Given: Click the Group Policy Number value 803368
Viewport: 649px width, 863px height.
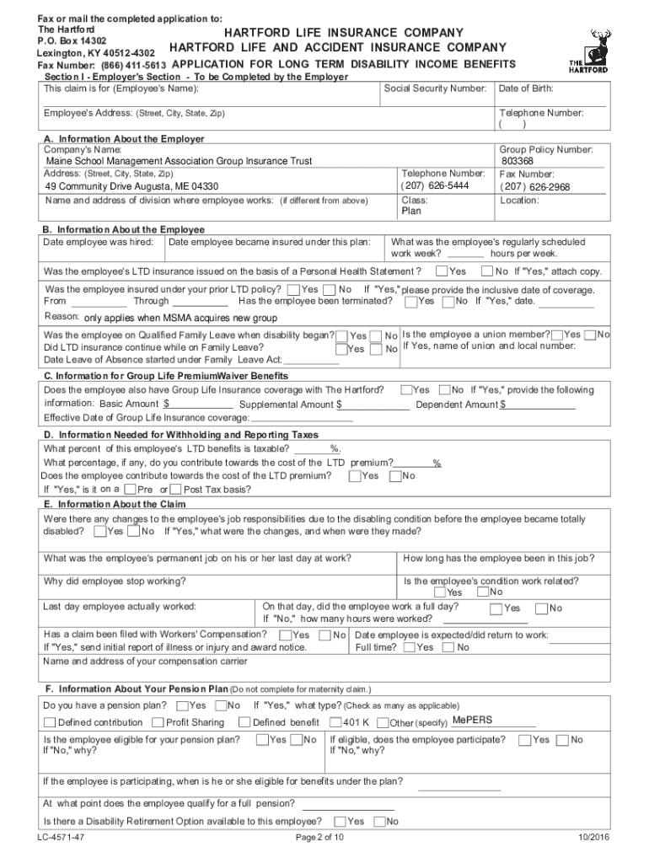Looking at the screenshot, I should click(517, 161).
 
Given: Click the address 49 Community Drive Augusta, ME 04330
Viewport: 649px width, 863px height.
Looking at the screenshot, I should click(131, 186).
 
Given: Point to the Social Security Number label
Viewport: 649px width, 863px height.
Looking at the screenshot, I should click(435, 88).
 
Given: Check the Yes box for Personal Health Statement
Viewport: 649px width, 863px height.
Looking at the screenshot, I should click(442, 271).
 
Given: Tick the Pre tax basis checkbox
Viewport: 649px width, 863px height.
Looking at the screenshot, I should click(130, 490).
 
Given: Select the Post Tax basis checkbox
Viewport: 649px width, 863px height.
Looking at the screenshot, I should click(175, 490).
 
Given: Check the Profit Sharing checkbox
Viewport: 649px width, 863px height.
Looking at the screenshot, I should click(158, 722).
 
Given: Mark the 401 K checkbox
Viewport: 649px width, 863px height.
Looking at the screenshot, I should click(335, 722).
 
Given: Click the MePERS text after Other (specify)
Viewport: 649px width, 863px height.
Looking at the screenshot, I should click(472, 721).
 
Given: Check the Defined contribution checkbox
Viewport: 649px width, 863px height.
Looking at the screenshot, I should click(50, 722).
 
